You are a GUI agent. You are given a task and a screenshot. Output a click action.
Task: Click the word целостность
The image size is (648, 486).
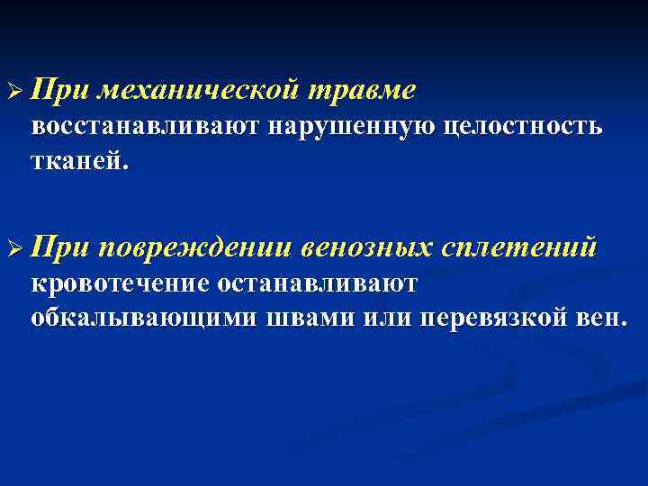click(522, 127)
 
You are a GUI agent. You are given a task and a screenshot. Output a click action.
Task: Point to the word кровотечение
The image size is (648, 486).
click(120, 283)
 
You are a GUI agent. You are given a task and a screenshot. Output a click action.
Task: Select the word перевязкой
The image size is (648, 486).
click(498, 318)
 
